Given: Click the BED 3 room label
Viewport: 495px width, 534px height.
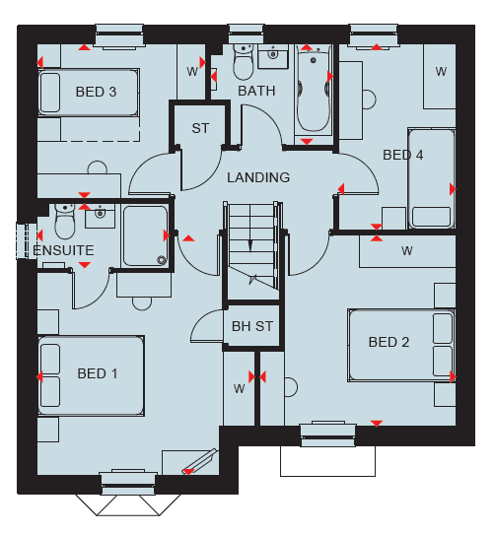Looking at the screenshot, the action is click(96, 92).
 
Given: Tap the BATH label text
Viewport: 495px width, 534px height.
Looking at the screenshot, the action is click(256, 91).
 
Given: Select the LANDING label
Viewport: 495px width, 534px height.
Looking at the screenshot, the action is click(258, 177).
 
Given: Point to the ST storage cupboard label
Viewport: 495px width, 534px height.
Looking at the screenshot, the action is click(200, 128).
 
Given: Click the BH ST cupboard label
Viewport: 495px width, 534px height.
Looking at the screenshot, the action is click(252, 326).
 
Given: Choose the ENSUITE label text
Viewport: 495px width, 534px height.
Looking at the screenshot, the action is click(63, 250).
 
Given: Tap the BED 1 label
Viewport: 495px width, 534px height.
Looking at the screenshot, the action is click(98, 373).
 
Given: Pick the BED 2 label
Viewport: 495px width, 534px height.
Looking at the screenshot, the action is click(389, 342).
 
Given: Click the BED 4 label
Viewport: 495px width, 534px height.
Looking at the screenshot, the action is click(403, 155).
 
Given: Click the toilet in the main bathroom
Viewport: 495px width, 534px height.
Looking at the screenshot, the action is click(244, 62).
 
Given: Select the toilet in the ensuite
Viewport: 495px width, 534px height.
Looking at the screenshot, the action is click(65, 222).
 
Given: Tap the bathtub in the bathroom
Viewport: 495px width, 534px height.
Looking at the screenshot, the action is click(314, 90).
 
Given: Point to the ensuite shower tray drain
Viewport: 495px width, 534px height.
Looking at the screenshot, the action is click(162, 260).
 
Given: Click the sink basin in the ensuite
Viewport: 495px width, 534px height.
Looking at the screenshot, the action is click(100, 214).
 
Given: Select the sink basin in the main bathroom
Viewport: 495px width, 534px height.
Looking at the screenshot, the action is click(272, 54).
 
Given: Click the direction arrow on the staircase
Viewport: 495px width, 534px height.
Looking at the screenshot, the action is click(250, 245).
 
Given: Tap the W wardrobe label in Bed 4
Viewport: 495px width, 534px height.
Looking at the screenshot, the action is click(441, 72).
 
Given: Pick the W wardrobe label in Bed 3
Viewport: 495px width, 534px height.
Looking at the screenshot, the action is click(192, 72).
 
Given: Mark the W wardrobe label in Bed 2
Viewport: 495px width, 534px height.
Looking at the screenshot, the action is click(407, 251).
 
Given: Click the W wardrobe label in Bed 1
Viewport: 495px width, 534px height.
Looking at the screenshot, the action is click(240, 388).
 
